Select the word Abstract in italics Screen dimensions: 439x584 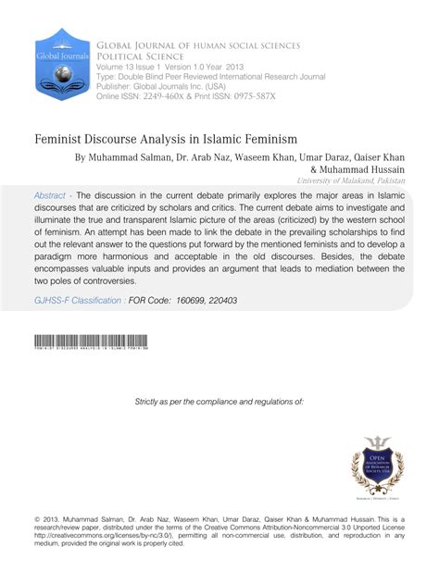(x=49, y=196)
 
